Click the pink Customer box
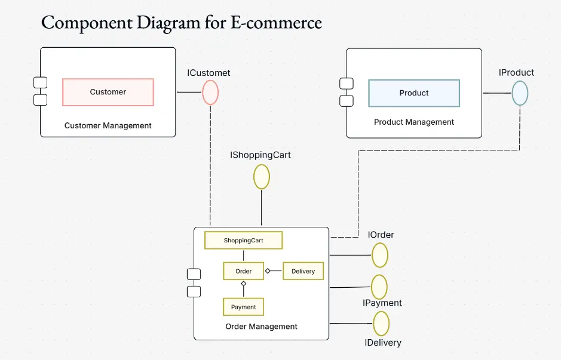(108, 92)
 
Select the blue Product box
(414, 93)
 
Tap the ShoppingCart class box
(243, 241)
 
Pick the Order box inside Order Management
(243, 271)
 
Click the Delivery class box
(303, 271)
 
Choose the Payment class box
(243, 307)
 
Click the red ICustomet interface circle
(210, 93)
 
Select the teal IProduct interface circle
(520, 93)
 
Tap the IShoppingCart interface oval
(262, 177)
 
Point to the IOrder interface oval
(380, 256)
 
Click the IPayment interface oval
(379, 287)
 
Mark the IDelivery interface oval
(381, 324)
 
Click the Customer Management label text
(108, 125)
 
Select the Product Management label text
(414, 122)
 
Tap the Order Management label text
(261, 327)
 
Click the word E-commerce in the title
(275, 23)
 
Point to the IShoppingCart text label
(260, 155)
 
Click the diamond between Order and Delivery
(268, 271)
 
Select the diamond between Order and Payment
(243, 284)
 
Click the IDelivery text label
(383, 343)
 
